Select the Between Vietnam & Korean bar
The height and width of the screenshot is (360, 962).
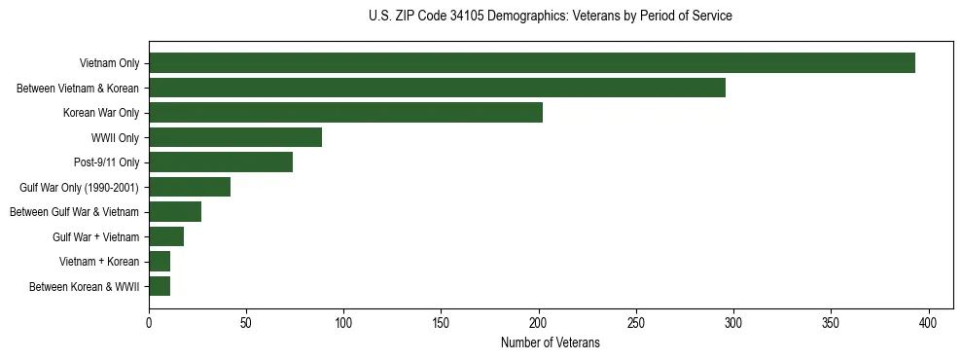pyautogui.click(x=437, y=88)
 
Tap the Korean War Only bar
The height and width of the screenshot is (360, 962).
pyautogui.click(x=345, y=113)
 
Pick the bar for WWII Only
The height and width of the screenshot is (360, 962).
pyautogui.click(x=235, y=137)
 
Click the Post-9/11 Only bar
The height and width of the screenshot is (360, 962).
pyautogui.click(x=221, y=162)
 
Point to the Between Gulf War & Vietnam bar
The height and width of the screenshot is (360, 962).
pyautogui.click(x=175, y=212)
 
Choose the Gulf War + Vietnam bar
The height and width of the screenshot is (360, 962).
pyautogui.click(x=166, y=236)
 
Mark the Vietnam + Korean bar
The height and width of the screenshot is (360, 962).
pyautogui.click(x=160, y=262)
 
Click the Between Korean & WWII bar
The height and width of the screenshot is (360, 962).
pyautogui.click(x=160, y=286)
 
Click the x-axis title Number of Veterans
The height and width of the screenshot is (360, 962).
pyautogui.click(x=550, y=343)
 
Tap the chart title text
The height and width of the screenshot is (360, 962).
pyautogui.click(x=551, y=17)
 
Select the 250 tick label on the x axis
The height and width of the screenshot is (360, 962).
pyautogui.click(x=636, y=322)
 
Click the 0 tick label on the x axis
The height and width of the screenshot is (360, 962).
pyautogui.click(x=149, y=322)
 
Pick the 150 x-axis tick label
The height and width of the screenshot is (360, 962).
pyautogui.click(x=441, y=322)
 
